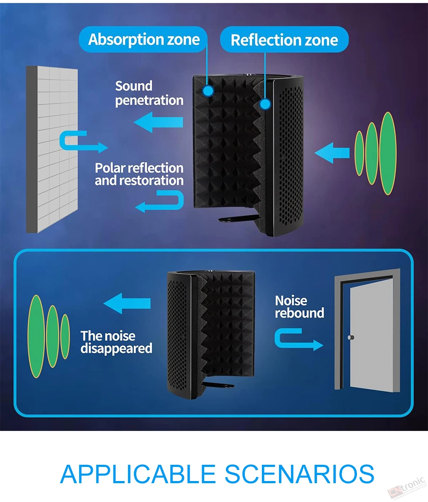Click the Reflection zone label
tap(284, 40)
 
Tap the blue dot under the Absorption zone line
tap(208, 91)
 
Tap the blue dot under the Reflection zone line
tap(265, 104)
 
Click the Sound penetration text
tap(149, 93)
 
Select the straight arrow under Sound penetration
tap(158, 122)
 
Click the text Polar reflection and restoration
tap(139, 174)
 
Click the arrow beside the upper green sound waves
tap(332, 153)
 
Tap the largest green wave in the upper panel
tap(388, 153)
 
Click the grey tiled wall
tap(52, 149)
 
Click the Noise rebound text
tap(299, 307)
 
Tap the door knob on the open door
tap(351, 337)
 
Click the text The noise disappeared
tap(116, 342)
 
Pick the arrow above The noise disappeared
tap(127, 303)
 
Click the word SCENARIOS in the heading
tap(299, 474)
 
